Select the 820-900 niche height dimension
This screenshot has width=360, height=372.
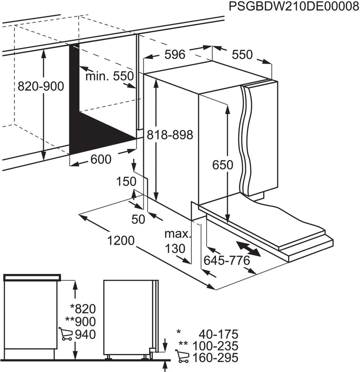(x=41, y=86)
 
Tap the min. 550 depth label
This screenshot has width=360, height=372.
(x=109, y=76)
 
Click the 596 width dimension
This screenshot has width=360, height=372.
(x=175, y=54)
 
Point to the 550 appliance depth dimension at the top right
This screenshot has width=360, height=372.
(x=242, y=54)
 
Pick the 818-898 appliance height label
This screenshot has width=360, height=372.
(x=169, y=134)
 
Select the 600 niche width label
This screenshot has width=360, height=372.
(x=101, y=159)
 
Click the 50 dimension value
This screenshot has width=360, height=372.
(x=138, y=219)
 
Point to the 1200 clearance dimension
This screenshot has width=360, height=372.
(x=121, y=241)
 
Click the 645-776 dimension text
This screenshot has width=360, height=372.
(x=228, y=261)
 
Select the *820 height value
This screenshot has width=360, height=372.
(x=82, y=308)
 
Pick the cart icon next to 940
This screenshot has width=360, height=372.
(x=65, y=334)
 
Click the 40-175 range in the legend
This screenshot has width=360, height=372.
(x=218, y=334)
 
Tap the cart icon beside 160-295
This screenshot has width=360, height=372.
(x=183, y=357)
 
